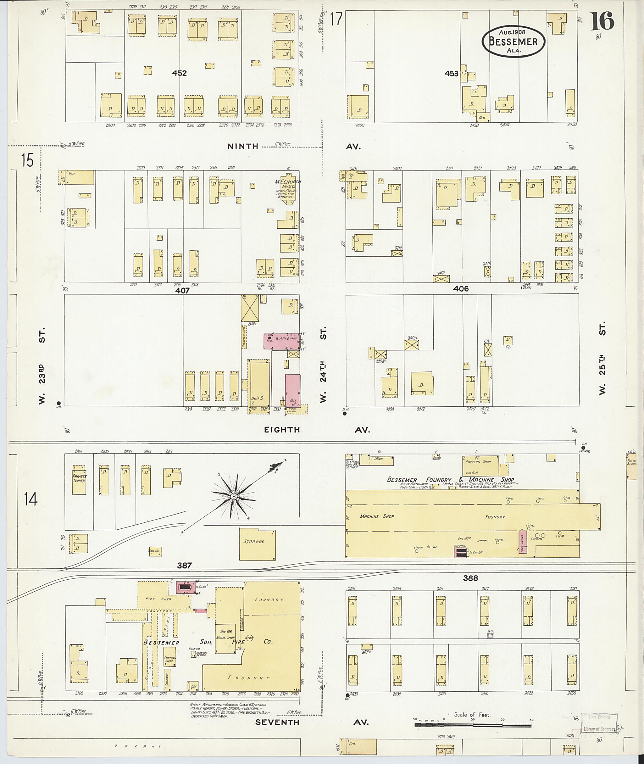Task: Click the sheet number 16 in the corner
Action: (x=602, y=21)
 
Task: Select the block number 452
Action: (x=179, y=73)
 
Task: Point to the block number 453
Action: (x=451, y=73)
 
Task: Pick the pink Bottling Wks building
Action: (x=284, y=340)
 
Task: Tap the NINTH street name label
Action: (x=243, y=147)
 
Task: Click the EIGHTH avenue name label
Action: (x=282, y=430)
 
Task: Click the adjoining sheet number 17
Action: (x=336, y=19)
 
